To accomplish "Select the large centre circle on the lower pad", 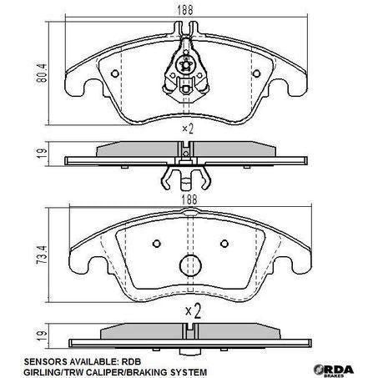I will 193,265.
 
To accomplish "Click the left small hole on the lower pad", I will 157,244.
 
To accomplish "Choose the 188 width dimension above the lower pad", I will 192,198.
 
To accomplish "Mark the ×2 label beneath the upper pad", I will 188,130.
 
